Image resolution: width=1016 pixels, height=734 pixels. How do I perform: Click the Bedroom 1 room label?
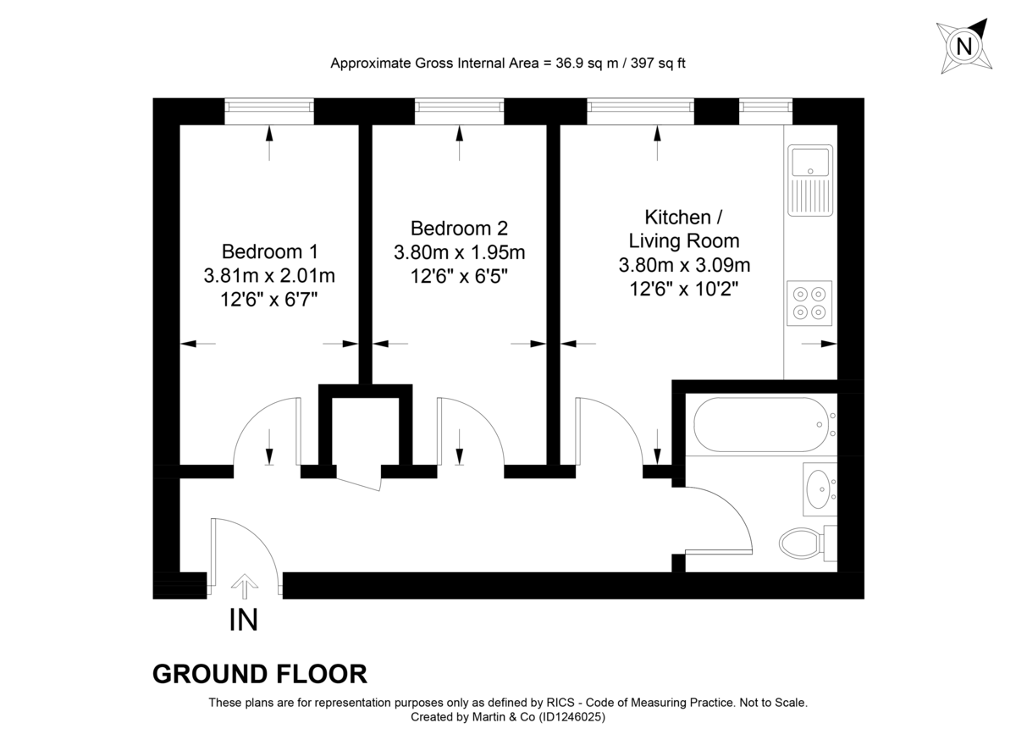pyautogui.click(x=269, y=251)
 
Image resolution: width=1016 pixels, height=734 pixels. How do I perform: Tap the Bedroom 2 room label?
pyautogui.click(x=459, y=229)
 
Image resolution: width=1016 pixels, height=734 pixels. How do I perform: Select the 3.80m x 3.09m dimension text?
pyautogui.click(x=684, y=265)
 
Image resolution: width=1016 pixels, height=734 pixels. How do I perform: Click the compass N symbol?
pyautogui.click(x=964, y=46)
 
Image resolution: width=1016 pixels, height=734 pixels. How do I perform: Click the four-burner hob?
pyautogui.click(x=809, y=303)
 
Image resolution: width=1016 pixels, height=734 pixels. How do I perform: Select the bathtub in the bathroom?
pyautogui.click(x=759, y=425)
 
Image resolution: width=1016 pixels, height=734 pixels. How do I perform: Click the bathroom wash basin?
pyautogui.click(x=819, y=488)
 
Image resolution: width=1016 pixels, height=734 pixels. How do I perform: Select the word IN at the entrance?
pyautogui.click(x=243, y=621)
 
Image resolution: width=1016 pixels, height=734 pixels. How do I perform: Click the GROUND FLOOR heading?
pyautogui.click(x=260, y=674)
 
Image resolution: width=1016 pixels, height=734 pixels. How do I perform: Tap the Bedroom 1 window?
pyautogui.click(x=269, y=108)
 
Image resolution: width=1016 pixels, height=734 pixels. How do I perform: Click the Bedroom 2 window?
pyautogui.click(x=459, y=108)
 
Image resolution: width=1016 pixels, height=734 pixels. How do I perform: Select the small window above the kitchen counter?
pyautogui.click(x=765, y=108)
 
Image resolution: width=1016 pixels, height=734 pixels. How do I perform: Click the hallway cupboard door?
pyautogui.click(x=358, y=478)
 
